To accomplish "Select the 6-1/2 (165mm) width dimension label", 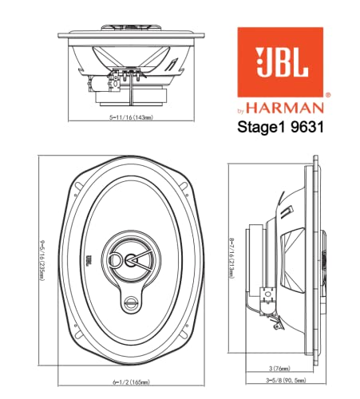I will pyautogui.click(x=125, y=384).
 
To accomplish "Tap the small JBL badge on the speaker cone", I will pyautogui.click(x=91, y=261).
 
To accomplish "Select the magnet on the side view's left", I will pyautogui.click(x=254, y=256).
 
